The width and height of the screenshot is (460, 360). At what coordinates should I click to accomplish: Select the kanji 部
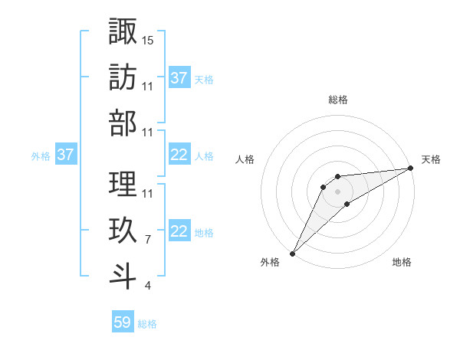pyautogui.click(x=123, y=123)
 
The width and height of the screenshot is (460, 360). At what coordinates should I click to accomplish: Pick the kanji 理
pyautogui.click(x=123, y=184)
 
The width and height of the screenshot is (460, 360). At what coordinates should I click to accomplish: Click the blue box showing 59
pyautogui.click(x=123, y=322)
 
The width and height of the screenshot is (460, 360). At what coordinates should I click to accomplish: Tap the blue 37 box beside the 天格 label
pyautogui.click(x=179, y=77)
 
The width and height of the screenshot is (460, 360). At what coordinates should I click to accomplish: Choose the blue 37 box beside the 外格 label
pyautogui.click(x=65, y=155)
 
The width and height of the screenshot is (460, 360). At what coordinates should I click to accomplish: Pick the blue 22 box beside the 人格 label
pyautogui.click(x=179, y=155)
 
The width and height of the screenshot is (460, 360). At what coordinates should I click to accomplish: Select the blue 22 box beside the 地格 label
pyautogui.click(x=179, y=232)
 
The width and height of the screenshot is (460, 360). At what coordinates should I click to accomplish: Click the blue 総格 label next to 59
pyautogui.click(x=147, y=324)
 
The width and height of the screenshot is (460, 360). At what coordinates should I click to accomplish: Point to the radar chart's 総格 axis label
pyautogui.click(x=337, y=100)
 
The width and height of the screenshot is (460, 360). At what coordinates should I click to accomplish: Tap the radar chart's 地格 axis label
pyautogui.click(x=402, y=263)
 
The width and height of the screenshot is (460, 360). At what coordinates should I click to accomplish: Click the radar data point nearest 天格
pyautogui.click(x=411, y=169)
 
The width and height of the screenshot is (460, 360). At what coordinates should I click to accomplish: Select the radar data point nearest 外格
pyautogui.click(x=292, y=254)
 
